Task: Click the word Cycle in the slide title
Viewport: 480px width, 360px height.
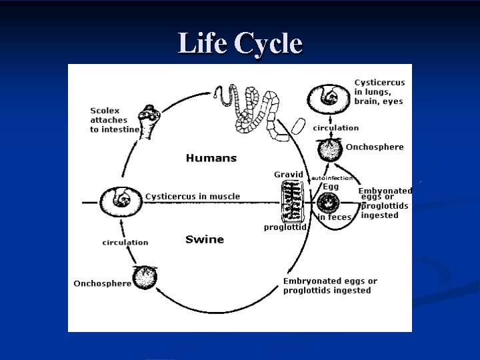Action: [266, 43]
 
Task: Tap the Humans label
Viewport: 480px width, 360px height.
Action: [211, 158]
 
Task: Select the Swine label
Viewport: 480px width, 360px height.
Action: [205, 239]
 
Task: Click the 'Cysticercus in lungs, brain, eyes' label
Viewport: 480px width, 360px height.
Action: [379, 92]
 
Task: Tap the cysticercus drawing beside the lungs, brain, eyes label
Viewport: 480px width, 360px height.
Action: [327, 98]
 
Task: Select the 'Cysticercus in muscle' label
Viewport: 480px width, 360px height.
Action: [193, 197]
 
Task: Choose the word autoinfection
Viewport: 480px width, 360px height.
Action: [332, 178]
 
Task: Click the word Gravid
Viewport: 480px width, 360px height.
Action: [289, 175]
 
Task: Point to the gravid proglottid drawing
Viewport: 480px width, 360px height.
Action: [291, 201]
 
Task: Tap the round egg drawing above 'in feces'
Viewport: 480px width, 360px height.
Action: [329, 201]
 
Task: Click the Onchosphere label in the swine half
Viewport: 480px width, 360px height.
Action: [102, 283]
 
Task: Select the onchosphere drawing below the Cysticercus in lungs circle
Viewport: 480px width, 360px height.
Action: [329, 150]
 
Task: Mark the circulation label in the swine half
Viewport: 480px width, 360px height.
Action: [125, 243]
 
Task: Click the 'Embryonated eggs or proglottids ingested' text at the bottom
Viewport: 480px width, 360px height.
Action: [330, 285]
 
